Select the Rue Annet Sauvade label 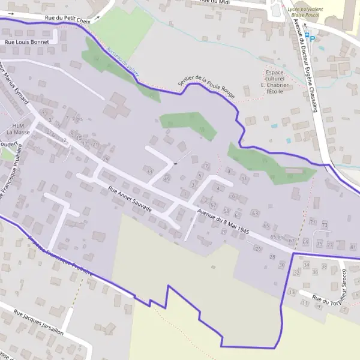(130, 200)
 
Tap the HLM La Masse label (17, 128)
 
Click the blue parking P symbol (312, 37)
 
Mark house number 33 (149, 172)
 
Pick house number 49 (167, 179)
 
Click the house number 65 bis (276, 237)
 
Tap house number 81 (353, 247)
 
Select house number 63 (254, 213)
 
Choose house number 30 (282, 265)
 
